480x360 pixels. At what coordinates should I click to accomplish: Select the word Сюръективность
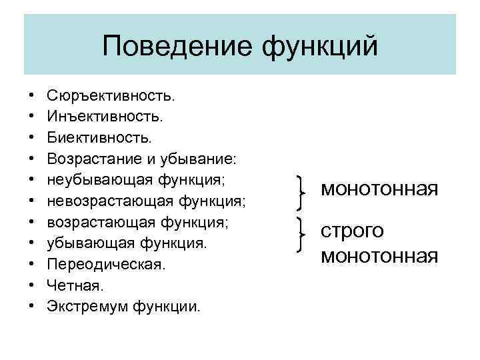pyautogui.click(x=111, y=97)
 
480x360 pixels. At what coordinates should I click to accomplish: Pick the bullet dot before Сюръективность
pyautogui.click(x=31, y=97)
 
